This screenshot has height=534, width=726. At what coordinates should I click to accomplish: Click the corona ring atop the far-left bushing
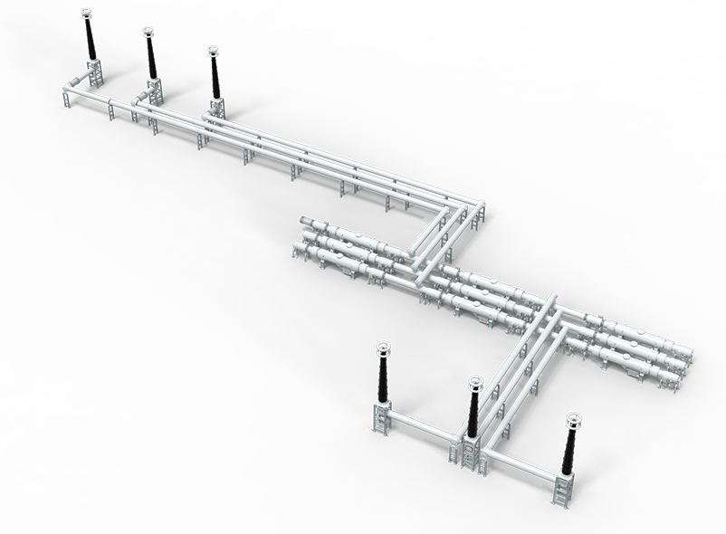point(87,13)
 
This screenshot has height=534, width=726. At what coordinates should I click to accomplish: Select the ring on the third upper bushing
point(213,51)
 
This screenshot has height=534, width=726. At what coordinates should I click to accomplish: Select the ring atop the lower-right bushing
point(574,420)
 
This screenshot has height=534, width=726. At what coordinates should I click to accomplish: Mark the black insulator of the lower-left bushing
point(383,378)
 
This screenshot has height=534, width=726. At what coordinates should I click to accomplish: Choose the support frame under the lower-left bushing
point(380,417)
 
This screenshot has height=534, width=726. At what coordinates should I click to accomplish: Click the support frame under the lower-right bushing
point(565,490)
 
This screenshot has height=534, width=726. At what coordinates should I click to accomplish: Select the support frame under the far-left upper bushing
point(94,73)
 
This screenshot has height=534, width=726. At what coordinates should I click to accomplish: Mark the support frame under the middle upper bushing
point(154,91)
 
